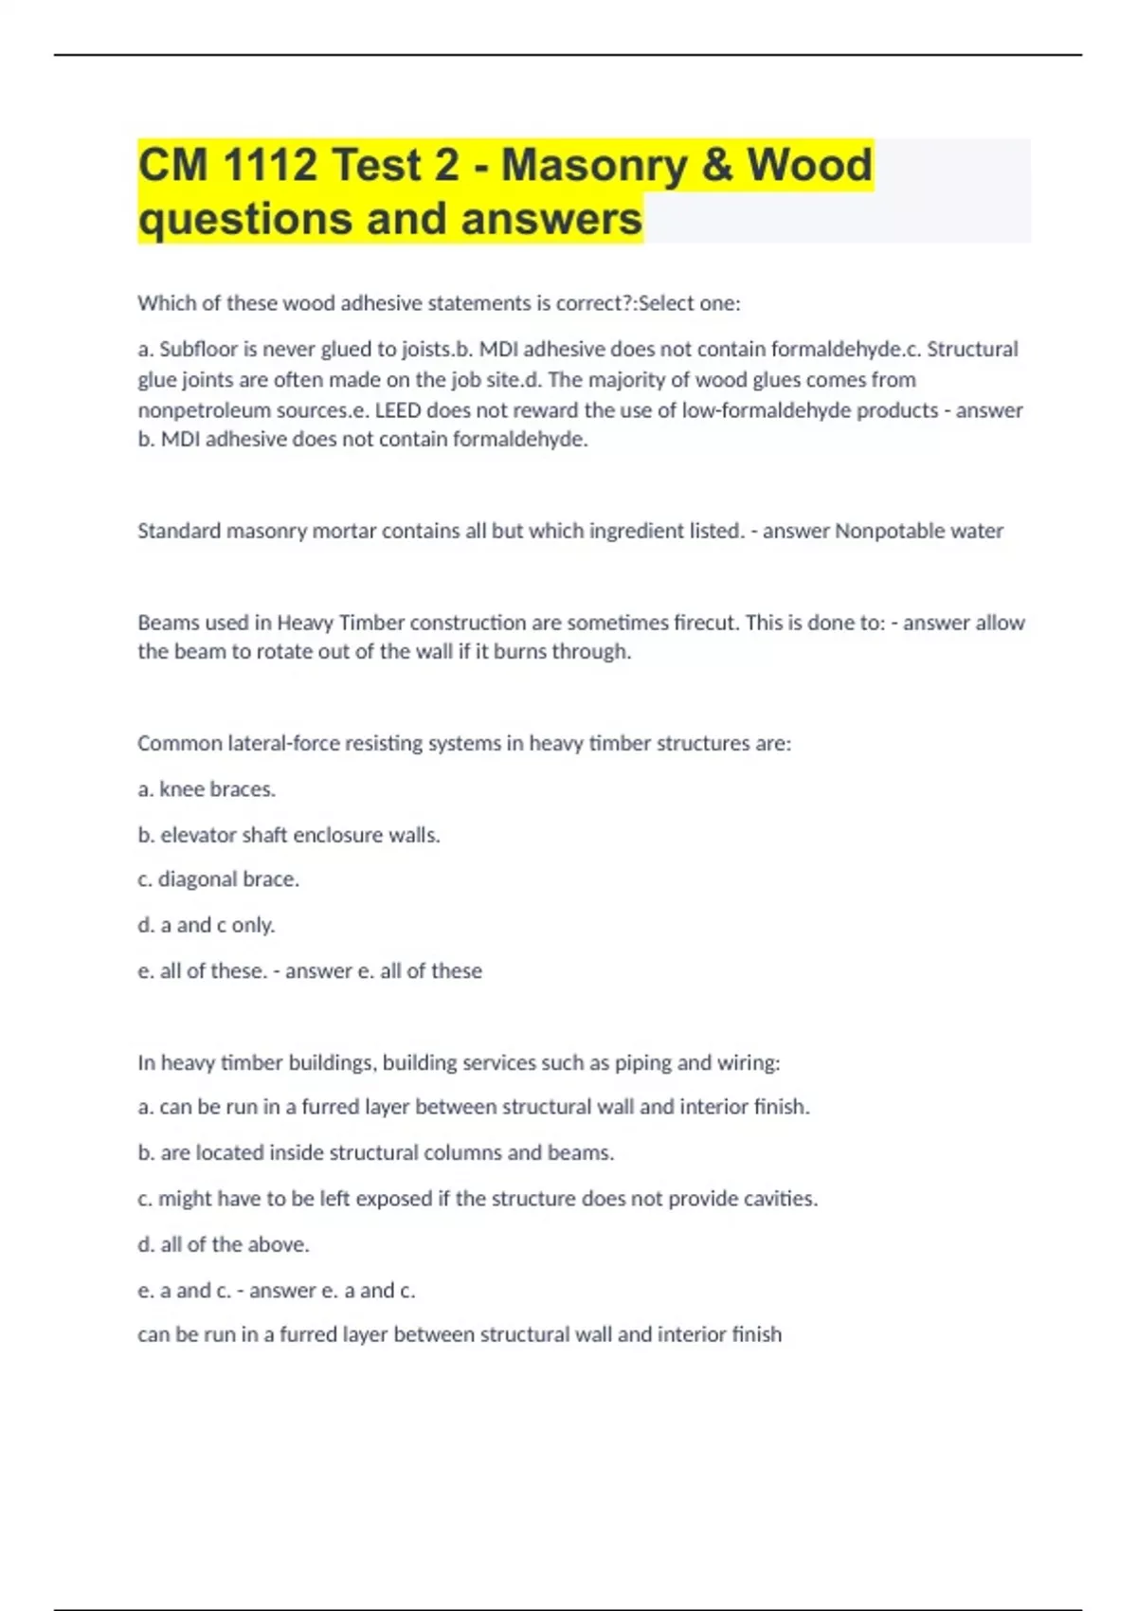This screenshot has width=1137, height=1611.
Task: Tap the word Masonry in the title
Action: tap(593, 165)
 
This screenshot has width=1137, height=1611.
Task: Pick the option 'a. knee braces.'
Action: tap(207, 789)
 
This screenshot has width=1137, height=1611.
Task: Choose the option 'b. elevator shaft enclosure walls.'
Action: tap(289, 835)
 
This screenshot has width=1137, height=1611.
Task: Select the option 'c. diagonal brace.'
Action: tap(218, 879)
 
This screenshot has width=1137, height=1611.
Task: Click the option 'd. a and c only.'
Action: tap(207, 925)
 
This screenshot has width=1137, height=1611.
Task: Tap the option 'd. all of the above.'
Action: tap(224, 1244)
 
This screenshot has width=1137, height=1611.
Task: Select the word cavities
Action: tap(776, 1199)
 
